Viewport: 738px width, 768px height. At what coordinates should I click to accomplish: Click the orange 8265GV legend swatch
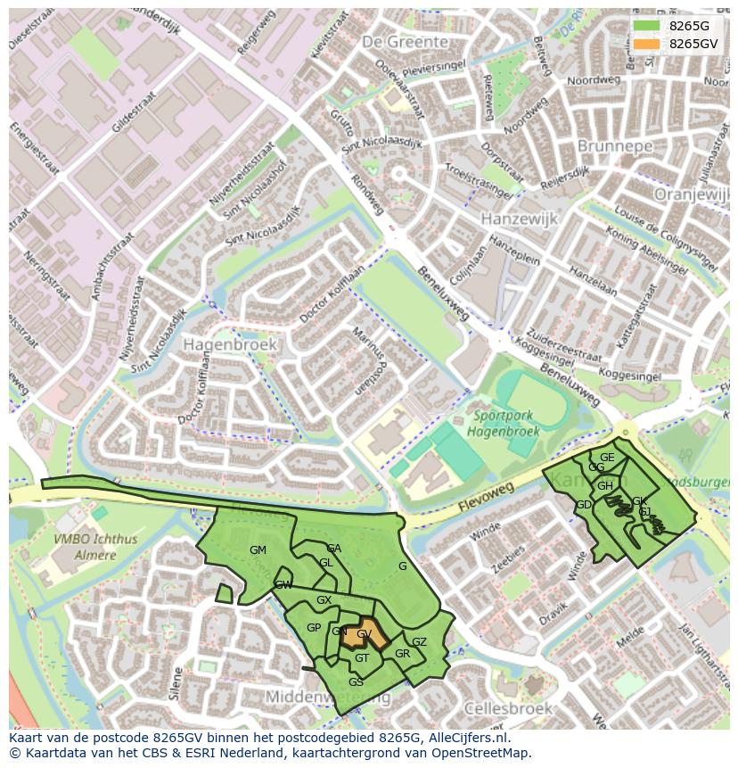click(x=648, y=44)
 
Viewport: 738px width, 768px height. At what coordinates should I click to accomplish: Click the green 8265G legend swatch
click(x=648, y=26)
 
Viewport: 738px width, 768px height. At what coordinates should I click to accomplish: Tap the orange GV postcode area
click(x=365, y=634)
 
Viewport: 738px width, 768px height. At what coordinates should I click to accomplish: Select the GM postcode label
click(x=258, y=550)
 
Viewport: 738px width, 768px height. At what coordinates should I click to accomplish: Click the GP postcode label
click(x=314, y=628)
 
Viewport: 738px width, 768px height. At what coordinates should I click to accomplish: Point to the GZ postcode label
click(x=419, y=642)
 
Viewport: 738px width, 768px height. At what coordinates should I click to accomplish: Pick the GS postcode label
click(x=356, y=682)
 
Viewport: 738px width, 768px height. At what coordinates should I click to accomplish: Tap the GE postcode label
click(x=607, y=458)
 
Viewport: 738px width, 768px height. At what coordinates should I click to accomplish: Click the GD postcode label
click(x=584, y=505)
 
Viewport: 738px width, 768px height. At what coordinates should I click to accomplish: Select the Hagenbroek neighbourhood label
click(x=230, y=343)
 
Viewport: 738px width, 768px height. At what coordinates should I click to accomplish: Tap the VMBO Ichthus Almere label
click(x=85, y=547)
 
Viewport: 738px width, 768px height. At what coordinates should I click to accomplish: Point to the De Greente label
click(x=405, y=42)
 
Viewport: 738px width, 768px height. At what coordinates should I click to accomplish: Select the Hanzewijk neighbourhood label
click(x=518, y=218)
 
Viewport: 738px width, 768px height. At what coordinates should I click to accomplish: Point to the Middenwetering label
click(x=328, y=697)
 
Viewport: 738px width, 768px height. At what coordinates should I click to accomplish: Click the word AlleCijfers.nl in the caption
click(x=465, y=739)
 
